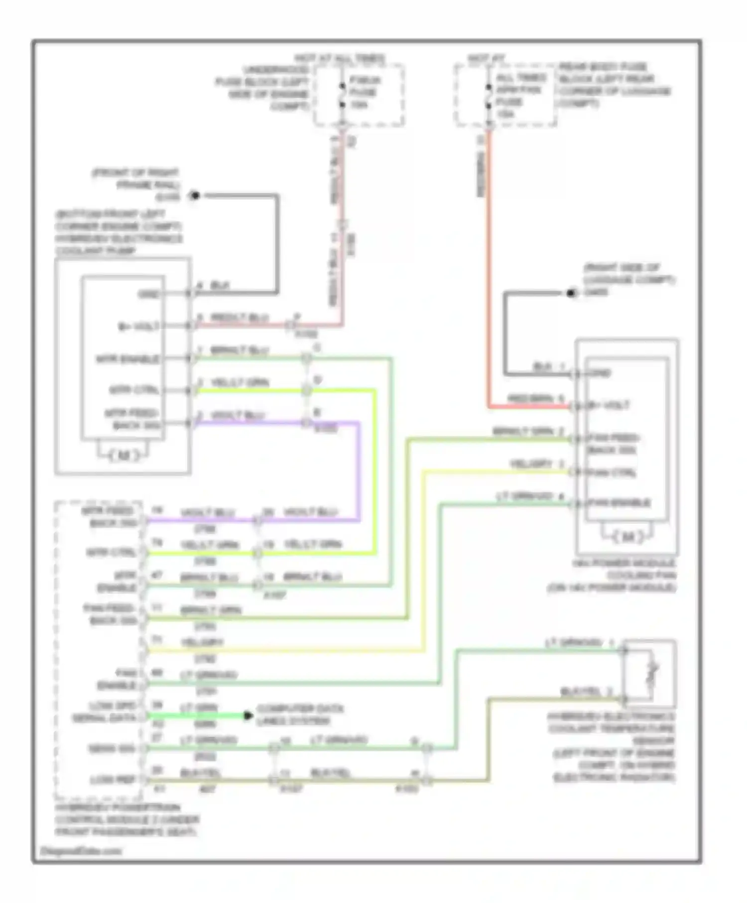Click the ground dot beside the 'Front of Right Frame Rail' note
195,196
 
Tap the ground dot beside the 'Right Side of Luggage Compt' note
571,293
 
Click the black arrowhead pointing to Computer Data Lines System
248,716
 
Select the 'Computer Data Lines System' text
300,715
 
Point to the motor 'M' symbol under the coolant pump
123,454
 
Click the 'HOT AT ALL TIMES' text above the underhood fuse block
340,59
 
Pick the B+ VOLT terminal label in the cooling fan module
609,406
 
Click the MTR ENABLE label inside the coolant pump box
128,359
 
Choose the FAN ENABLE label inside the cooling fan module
619,503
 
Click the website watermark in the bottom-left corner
81,851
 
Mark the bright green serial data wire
194,716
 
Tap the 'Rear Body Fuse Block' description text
614,85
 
